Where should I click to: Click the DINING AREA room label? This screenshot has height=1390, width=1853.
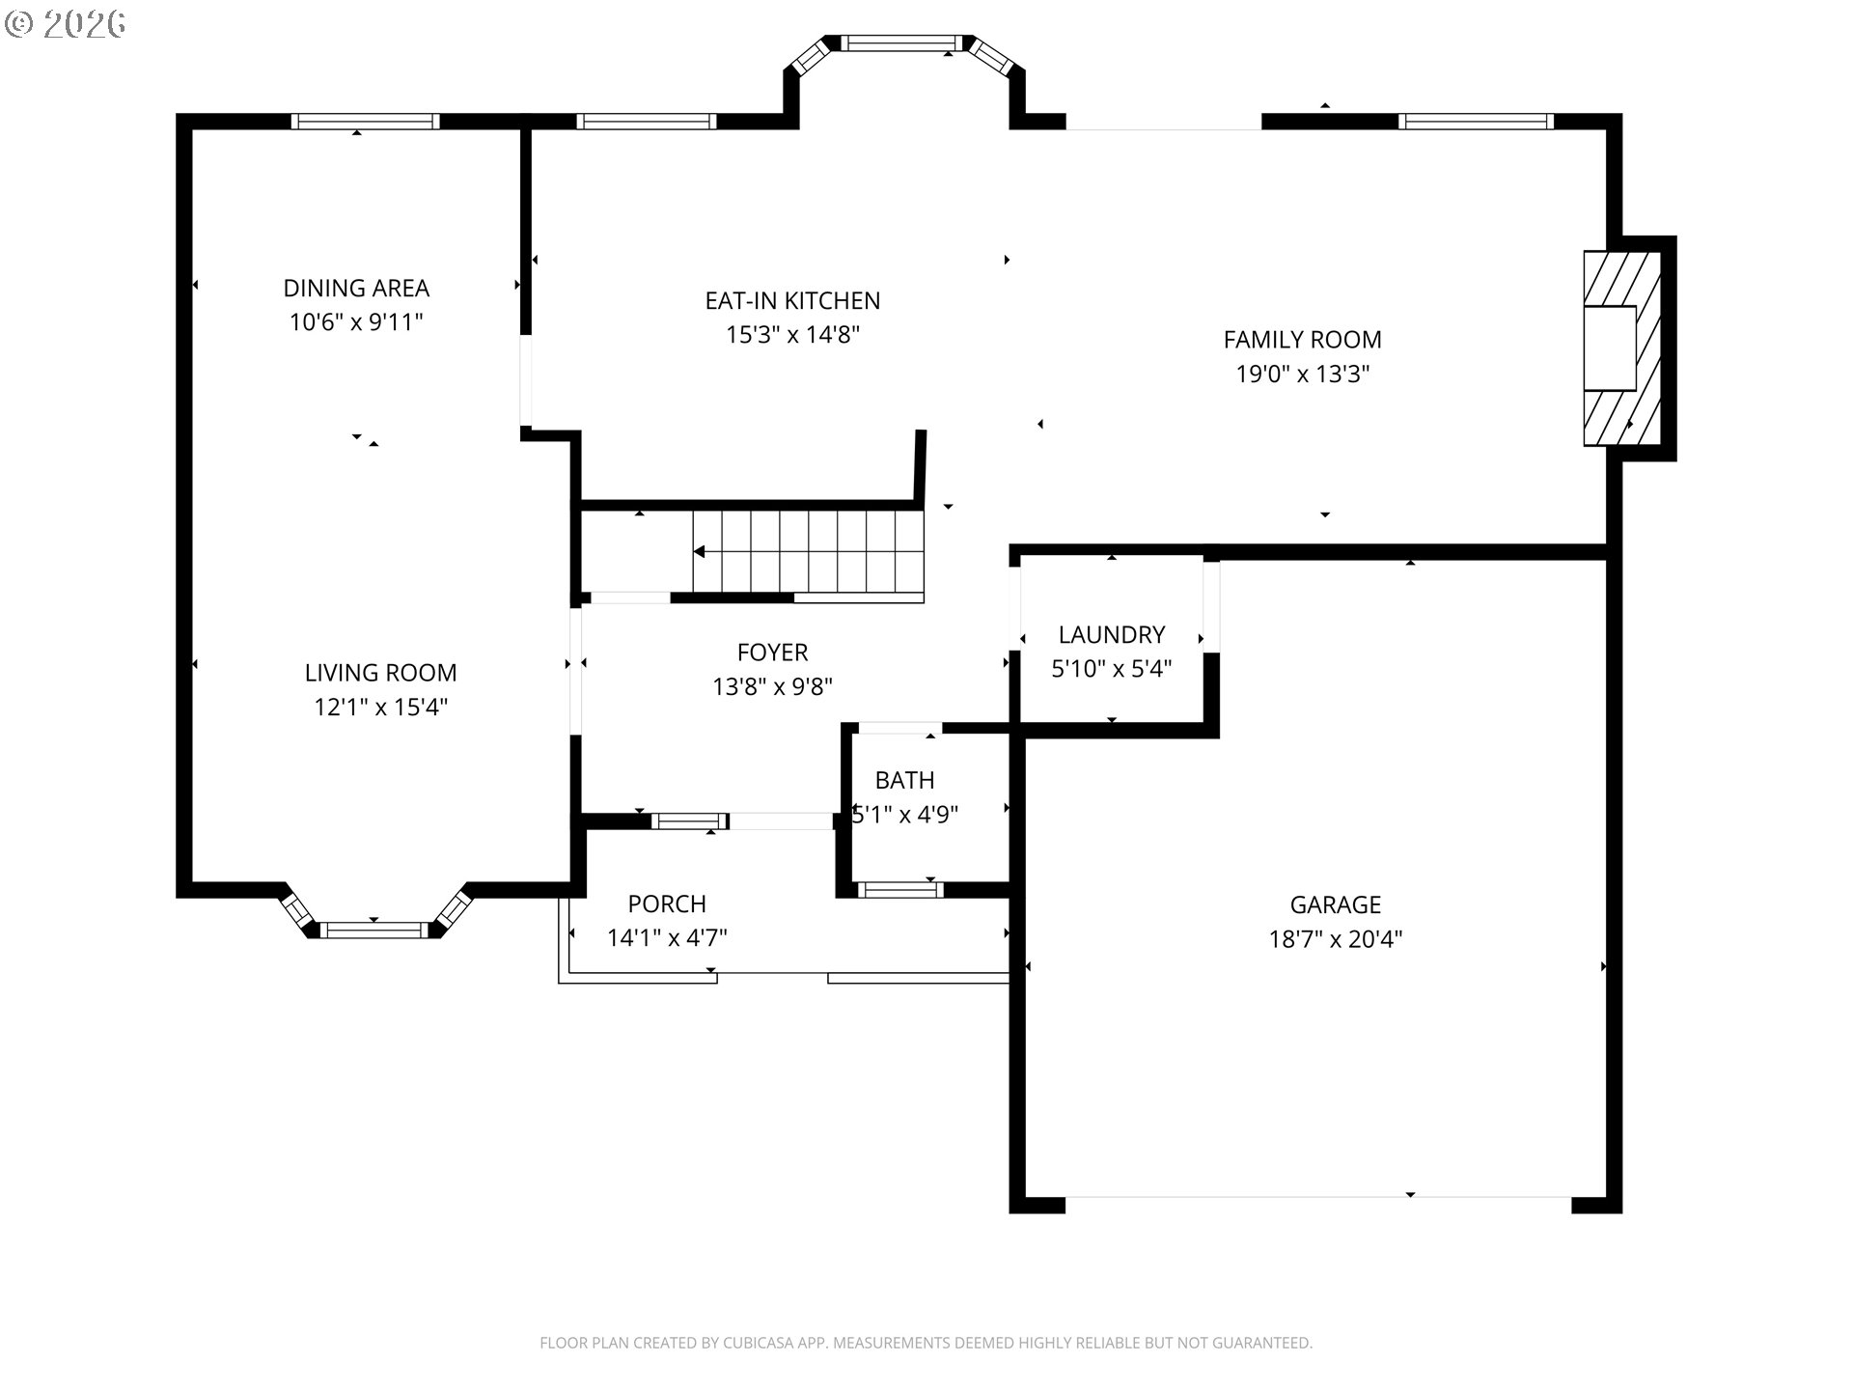356,288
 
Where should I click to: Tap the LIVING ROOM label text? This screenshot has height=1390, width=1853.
380,673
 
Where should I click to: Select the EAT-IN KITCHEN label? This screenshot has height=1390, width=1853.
792,301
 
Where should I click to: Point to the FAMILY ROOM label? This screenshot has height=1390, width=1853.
1302,340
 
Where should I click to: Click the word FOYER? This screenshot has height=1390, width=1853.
772,653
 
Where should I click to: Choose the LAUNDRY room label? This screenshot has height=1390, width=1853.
1112,635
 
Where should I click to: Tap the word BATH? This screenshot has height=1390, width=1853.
904,780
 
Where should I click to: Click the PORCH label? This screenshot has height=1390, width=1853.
667,904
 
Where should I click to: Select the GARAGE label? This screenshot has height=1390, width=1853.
1336,905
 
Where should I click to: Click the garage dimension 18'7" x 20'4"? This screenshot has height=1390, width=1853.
1336,939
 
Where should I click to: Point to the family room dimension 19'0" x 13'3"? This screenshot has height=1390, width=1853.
1303,374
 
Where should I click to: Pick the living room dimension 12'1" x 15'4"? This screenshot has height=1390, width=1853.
380,707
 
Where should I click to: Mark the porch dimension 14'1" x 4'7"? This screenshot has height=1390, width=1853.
667,937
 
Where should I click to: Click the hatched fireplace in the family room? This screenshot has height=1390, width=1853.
1621,348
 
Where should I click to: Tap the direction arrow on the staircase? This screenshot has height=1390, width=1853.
699,552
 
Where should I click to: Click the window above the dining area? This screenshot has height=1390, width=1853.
366,121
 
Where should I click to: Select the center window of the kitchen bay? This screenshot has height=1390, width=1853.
902,42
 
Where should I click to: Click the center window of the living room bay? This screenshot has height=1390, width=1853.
373,930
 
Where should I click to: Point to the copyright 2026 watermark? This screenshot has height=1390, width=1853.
66,24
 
